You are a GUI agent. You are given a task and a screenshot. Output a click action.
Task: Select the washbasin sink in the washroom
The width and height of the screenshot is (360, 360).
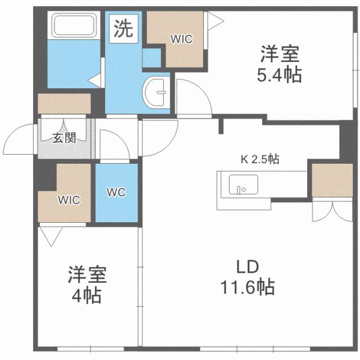pos(156,91)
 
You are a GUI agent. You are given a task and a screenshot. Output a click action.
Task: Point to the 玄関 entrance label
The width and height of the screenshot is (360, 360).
pos(64,137)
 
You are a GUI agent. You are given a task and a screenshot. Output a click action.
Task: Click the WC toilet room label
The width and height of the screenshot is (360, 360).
pos(116,191)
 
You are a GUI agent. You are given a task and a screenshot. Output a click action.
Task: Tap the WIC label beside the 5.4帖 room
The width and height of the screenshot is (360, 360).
pos(182,39)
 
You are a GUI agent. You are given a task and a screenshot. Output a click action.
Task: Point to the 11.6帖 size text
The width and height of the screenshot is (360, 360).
pos(247,287)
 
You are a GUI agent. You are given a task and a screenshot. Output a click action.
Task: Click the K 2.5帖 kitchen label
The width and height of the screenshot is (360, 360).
pos(260,159)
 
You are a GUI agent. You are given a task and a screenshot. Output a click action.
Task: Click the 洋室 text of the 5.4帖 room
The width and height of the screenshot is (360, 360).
pos(280,55)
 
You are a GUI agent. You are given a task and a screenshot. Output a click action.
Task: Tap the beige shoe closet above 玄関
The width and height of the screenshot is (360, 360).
pos(64,104)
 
